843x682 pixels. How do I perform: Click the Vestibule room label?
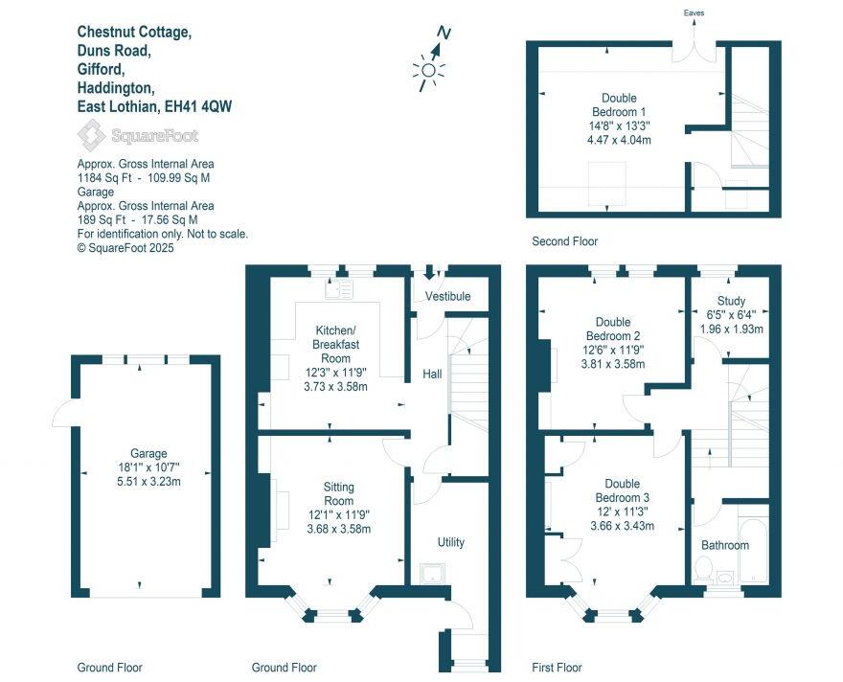(x=448, y=297)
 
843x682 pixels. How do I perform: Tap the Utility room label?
(x=450, y=542)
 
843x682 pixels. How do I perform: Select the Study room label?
(x=731, y=301)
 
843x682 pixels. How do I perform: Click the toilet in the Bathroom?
(x=703, y=572)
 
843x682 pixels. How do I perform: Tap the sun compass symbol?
(x=428, y=70)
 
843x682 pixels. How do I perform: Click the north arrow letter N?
(x=443, y=33)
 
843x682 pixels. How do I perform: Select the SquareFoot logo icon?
(x=92, y=136)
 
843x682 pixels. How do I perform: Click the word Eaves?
(x=695, y=13)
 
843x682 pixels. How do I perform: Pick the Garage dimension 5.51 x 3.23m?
(x=149, y=481)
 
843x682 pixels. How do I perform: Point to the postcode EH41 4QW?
(x=198, y=106)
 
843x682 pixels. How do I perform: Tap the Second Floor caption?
(x=565, y=241)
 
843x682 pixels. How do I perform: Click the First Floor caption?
(x=557, y=668)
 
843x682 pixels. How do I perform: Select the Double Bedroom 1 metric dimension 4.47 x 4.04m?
(x=619, y=139)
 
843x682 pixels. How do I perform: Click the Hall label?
(x=432, y=374)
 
